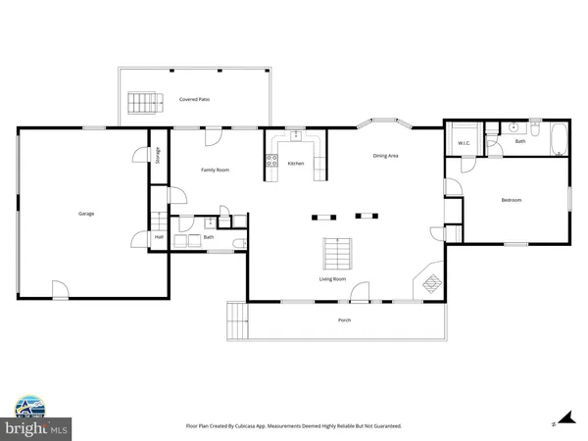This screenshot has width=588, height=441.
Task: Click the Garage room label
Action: pyautogui.click(x=86, y=214)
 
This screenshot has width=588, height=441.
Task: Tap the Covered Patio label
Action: pyautogui.click(x=194, y=100)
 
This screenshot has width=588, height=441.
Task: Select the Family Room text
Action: pyautogui.click(x=215, y=171)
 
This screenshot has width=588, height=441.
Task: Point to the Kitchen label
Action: pyautogui.click(x=296, y=164)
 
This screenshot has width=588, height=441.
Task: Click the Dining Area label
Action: pyautogui.click(x=385, y=156)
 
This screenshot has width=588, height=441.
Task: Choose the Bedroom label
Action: pyautogui.click(x=511, y=200)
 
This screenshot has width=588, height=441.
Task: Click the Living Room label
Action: pyautogui.click(x=332, y=279)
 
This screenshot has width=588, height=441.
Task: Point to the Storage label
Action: pyautogui.click(x=158, y=155)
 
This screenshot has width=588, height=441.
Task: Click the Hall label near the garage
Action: pyautogui.click(x=159, y=236)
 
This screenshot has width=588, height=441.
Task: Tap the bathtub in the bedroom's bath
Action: pyautogui.click(x=558, y=141)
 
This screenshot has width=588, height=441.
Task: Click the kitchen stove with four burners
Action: pyautogui.click(x=271, y=162)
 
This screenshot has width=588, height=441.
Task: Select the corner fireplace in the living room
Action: pyautogui.click(x=430, y=284)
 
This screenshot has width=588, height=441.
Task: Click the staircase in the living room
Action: pyautogui.click(x=336, y=255)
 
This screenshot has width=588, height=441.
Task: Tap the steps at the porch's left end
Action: pyautogui.click(x=236, y=318)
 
